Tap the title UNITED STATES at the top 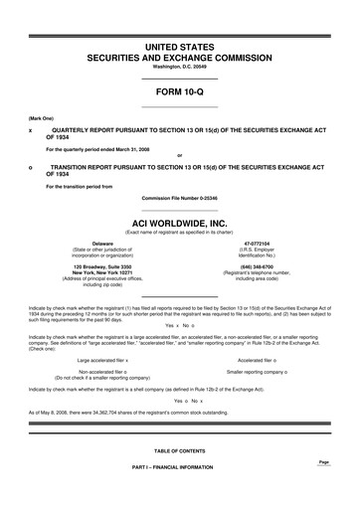point(179,47)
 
